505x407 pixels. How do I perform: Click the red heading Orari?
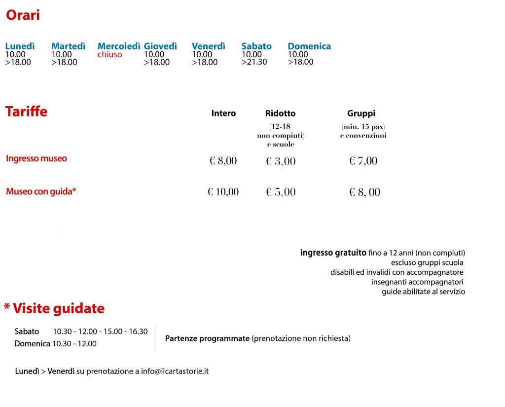click(23, 15)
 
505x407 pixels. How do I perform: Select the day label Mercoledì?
click(119, 46)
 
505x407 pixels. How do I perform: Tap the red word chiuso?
click(109, 55)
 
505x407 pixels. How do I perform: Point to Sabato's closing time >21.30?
click(254, 62)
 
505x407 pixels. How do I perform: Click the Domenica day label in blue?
click(309, 46)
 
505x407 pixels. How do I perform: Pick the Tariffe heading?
click(26, 111)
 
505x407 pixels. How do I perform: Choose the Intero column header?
click(223, 113)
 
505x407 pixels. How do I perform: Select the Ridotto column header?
click(280, 113)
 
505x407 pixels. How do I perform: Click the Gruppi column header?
click(361, 113)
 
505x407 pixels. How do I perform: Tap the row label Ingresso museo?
click(36, 159)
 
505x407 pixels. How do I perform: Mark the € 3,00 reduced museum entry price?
click(281, 161)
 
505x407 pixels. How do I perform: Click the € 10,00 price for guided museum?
click(223, 192)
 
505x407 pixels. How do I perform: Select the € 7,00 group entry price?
click(363, 161)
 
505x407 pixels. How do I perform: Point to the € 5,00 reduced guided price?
click(281, 192)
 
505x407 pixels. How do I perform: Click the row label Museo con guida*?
click(41, 191)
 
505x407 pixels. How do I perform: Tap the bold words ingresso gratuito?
click(333, 253)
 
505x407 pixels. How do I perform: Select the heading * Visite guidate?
click(54, 309)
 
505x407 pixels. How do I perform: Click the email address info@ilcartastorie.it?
click(175, 371)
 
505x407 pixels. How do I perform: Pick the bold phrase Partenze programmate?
click(207, 338)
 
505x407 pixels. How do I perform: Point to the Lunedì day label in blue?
click(20, 46)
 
